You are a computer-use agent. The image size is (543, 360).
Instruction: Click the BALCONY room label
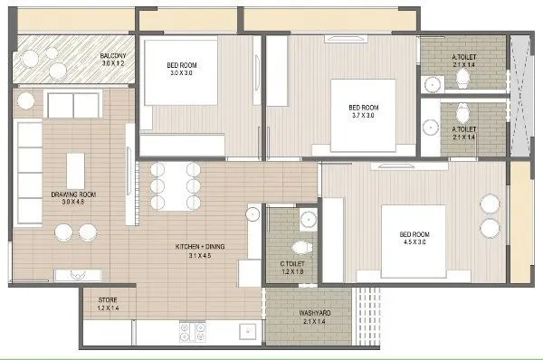click(113, 56)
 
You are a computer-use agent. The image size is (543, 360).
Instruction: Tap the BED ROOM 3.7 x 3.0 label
click(363, 108)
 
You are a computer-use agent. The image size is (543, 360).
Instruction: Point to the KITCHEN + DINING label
click(195, 246)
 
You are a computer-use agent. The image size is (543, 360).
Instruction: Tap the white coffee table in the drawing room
click(74, 169)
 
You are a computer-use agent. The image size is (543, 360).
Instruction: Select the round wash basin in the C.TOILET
click(308, 219)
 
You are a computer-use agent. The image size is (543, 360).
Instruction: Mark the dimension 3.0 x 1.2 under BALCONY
click(113, 65)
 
